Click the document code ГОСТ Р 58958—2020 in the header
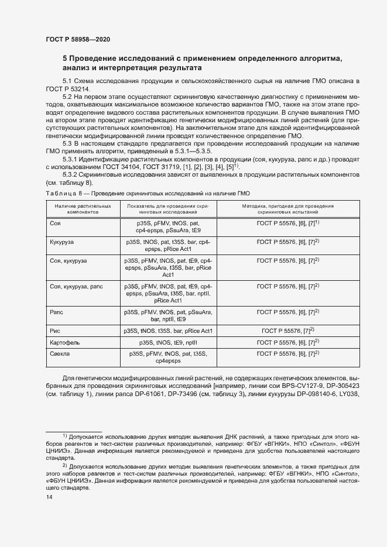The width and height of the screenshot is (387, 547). click(x=77, y=39)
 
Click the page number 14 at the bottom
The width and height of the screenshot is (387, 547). click(x=49, y=497)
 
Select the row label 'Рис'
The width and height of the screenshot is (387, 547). click(x=56, y=331)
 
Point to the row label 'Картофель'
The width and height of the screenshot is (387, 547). click(x=65, y=342)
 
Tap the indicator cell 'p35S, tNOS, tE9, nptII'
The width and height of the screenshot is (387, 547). click(x=168, y=342)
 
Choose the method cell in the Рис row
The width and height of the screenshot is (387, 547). click(x=287, y=331)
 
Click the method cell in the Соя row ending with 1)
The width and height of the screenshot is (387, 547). click(x=287, y=223)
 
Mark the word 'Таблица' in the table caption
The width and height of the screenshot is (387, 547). click(x=59, y=192)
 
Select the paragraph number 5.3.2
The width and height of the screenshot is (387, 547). click(x=72, y=174)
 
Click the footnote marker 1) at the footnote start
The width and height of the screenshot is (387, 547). click(x=64, y=436)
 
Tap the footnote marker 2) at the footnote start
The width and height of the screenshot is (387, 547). click(x=64, y=466)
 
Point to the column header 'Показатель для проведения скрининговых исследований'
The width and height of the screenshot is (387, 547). click(x=168, y=209)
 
